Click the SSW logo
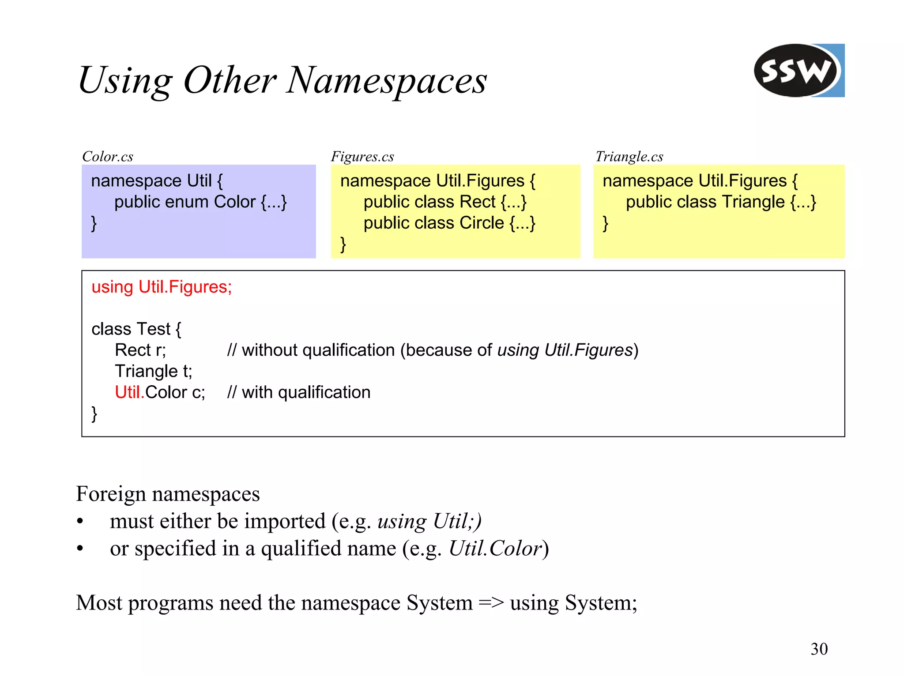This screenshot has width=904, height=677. click(x=799, y=71)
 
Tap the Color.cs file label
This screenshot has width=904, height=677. click(x=108, y=157)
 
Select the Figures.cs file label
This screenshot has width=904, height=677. click(x=362, y=157)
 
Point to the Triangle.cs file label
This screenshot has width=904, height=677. click(x=629, y=157)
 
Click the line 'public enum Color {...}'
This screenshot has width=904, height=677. click(x=200, y=202)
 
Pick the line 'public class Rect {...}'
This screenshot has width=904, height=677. click(x=445, y=202)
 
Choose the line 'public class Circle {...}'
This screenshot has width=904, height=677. click(x=449, y=223)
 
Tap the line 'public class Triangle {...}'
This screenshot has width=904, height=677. click(x=721, y=202)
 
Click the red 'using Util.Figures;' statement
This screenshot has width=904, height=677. click(x=162, y=287)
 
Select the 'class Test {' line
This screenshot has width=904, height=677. click(x=136, y=329)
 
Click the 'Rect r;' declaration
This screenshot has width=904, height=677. click(x=140, y=350)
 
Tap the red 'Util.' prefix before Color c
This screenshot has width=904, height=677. click(x=129, y=392)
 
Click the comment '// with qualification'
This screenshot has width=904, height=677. click(x=299, y=392)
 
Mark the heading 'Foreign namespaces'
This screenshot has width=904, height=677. click(x=168, y=494)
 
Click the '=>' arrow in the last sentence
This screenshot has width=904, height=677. click(x=491, y=603)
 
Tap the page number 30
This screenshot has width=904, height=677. click(x=819, y=649)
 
